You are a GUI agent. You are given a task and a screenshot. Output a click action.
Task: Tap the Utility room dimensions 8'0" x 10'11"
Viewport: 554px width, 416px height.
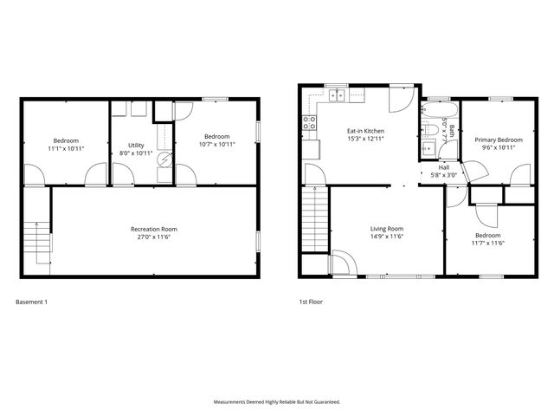[136, 153]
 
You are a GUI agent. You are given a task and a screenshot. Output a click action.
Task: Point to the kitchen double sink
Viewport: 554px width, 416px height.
[336, 95]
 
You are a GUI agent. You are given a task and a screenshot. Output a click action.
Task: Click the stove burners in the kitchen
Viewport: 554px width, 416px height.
[308, 124]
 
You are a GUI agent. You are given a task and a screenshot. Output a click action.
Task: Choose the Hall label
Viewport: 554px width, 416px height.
[444, 167]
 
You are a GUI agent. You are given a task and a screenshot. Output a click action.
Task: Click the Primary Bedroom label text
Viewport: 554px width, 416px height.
[498, 140]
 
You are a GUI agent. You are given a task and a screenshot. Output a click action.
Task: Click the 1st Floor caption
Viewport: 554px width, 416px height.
[310, 302]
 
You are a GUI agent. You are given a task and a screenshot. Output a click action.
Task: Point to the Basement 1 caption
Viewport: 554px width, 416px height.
[32, 302]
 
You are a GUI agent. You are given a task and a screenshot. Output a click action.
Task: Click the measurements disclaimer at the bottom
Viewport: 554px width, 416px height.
[277, 402]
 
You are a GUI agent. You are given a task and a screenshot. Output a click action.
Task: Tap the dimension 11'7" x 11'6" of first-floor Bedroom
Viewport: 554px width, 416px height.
[486, 244]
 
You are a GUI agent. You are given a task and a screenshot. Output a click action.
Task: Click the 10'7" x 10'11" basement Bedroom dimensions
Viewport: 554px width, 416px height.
[216, 145]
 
